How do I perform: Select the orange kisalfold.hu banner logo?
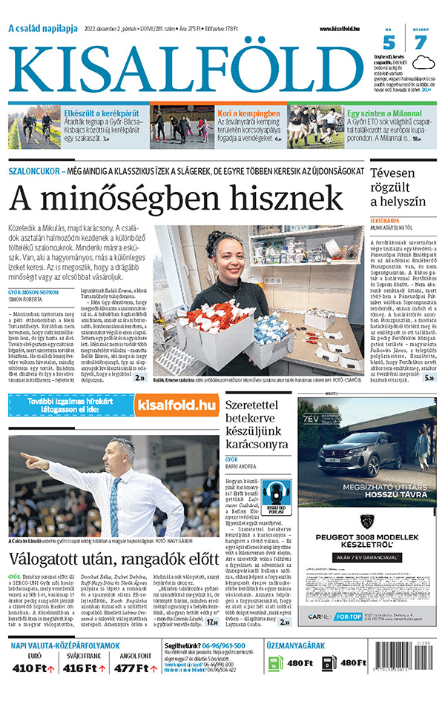click(176, 405)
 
